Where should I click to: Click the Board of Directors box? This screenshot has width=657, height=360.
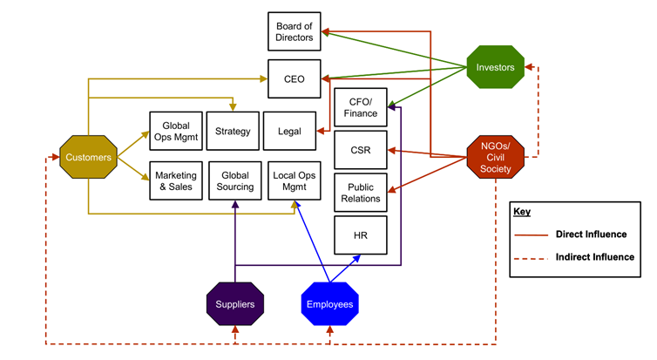click(294, 31)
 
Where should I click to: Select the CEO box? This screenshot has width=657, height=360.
click(294, 79)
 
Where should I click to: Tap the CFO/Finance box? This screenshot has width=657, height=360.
click(361, 107)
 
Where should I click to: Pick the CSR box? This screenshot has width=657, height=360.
click(361, 150)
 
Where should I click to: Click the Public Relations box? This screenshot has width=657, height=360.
click(361, 193)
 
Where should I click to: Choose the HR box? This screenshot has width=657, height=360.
click(361, 235)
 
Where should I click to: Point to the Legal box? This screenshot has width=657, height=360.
click(289, 132)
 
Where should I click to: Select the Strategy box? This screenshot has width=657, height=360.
click(233, 132)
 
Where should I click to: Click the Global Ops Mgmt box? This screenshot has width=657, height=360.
click(176, 132)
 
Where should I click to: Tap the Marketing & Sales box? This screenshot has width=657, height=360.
click(176, 180)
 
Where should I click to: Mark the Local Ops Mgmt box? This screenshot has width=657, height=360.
click(295, 180)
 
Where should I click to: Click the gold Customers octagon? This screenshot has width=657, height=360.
click(88, 158)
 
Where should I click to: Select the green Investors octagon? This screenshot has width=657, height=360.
click(495, 67)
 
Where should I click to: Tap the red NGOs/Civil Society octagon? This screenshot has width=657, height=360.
click(496, 156)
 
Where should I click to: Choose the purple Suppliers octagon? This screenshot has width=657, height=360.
click(235, 304)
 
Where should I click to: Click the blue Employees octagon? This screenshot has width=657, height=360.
click(329, 304)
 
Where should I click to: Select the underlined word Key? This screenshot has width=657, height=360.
click(521, 212)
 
